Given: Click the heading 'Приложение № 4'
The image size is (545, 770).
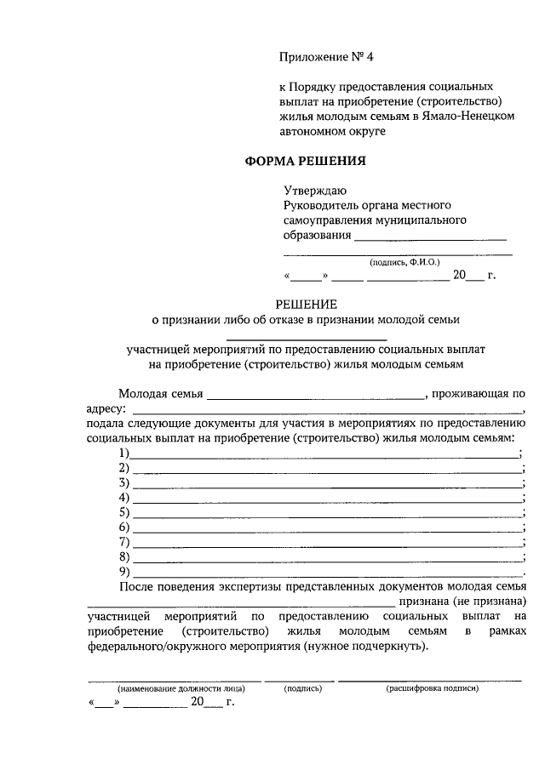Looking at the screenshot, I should coord(327,57).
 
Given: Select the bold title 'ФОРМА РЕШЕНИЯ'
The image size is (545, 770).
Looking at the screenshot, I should coord(306,160).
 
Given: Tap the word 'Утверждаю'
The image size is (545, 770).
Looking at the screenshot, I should coord(315,191).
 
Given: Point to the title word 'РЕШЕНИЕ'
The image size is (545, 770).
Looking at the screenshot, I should coord(306,304).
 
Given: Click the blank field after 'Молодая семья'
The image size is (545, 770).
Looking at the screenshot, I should coord(314,397).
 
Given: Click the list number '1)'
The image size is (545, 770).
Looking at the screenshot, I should coord(124,452).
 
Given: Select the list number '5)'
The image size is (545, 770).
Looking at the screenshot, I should coord(124,511).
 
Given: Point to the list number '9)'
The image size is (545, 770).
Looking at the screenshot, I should coord(124,571).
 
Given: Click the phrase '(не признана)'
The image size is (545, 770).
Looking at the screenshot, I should coord(492,601).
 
